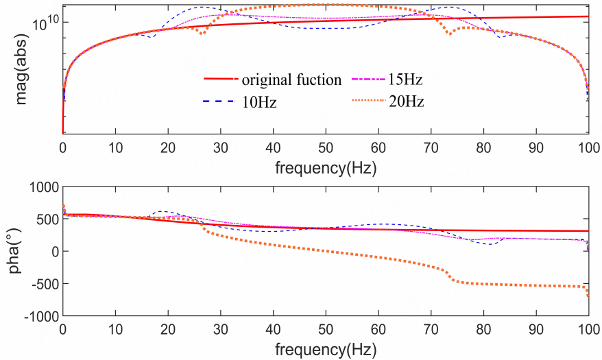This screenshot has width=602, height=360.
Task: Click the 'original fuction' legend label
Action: coord(291,80)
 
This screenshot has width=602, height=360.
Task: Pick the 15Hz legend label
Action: coord(406,80)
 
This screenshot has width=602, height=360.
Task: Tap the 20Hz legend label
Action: coord(406,102)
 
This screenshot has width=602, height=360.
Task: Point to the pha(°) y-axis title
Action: coord(14,252)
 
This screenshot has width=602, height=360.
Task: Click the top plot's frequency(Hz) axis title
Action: coord(326,167)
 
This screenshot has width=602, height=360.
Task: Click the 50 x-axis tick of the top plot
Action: coord(326,147)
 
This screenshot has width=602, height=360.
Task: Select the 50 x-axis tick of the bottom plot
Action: coord(326,329)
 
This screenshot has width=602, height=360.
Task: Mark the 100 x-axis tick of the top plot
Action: coord(588,147)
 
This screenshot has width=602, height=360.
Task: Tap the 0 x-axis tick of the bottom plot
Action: coord(62,329)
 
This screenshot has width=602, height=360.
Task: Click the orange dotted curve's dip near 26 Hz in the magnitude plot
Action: coord(202,33)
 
